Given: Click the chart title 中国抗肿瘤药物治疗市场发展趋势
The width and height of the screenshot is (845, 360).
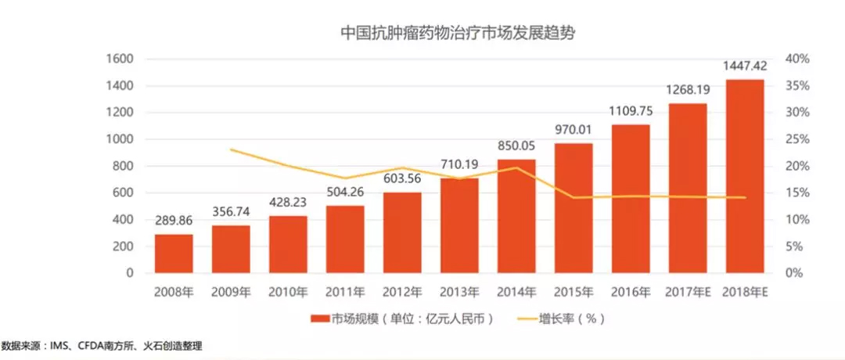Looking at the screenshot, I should click(459, 34).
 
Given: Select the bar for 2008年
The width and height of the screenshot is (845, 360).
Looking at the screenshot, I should click(174, 254).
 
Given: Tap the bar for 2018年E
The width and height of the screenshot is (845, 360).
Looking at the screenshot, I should click(744, 176).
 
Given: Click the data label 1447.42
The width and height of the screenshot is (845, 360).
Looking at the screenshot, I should click(744, 66).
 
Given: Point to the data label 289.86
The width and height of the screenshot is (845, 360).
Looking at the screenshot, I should click(174, 221).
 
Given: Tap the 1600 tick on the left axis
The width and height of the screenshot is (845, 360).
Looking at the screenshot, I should click(120, 59).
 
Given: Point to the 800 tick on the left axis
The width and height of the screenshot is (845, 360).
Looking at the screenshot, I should click(124, 166).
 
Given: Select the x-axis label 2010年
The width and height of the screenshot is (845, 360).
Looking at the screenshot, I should click(288, 293).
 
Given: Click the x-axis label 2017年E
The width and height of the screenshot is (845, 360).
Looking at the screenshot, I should click(687, 293).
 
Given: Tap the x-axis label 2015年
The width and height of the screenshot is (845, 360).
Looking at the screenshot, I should click(573, 293).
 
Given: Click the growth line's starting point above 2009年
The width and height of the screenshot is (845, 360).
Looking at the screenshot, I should click(231, 149).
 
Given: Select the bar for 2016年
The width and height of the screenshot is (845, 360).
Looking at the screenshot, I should click(630, 199).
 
